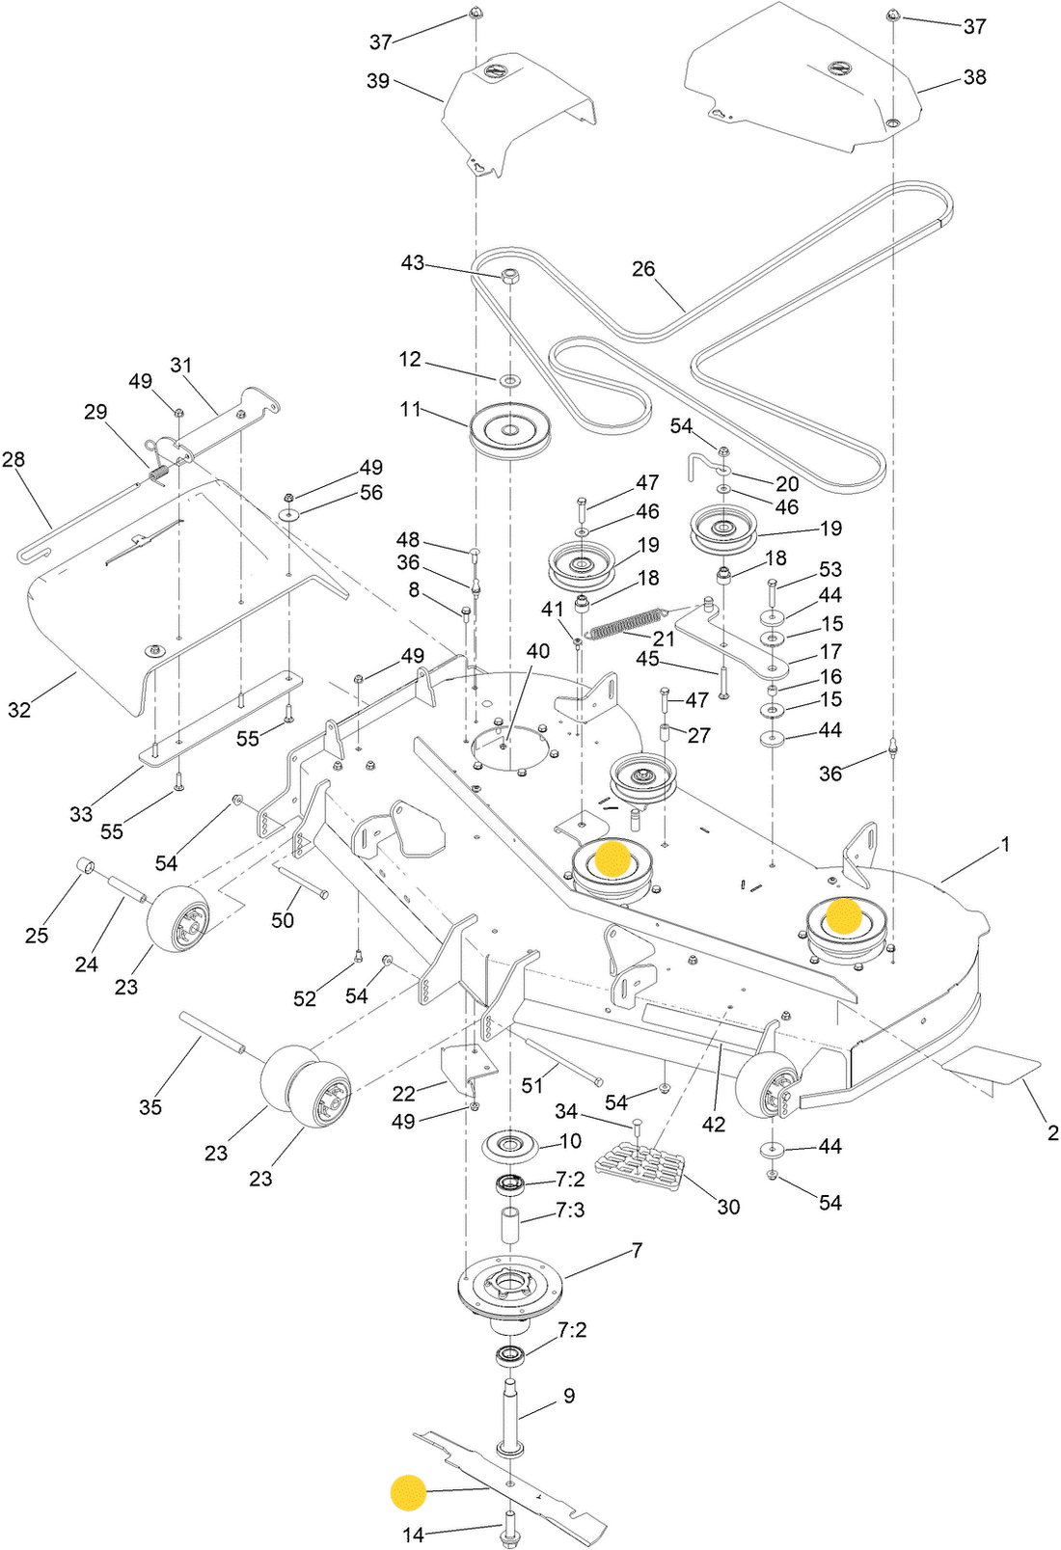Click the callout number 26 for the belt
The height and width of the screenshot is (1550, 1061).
pos(643,268)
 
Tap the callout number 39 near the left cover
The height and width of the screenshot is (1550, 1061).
pos(378,81)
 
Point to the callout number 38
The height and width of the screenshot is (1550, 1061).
pos(974,77)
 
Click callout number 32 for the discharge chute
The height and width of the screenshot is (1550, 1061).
pos(19,709)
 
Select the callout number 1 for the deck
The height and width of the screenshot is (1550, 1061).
pos(1005,844)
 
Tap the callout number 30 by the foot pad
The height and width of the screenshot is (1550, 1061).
pos(728,1207)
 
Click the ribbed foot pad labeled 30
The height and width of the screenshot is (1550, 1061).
pos(639,1172)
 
